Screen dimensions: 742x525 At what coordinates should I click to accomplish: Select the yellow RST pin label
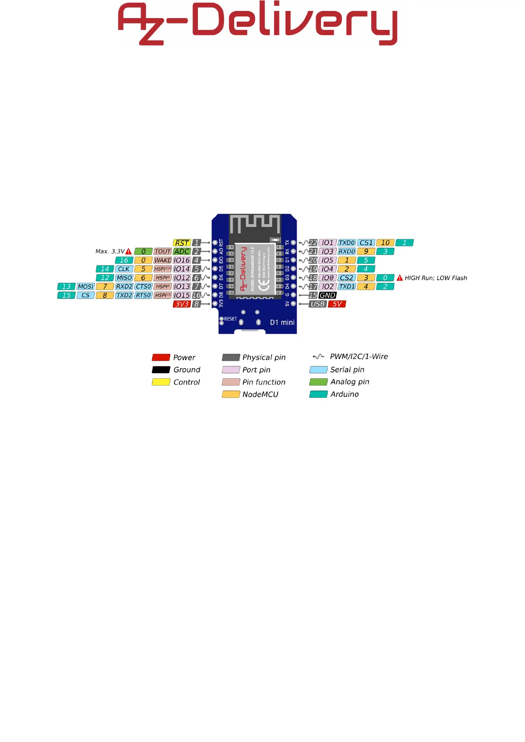click(x=182, y=243)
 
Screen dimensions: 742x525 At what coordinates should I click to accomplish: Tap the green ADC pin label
click(x=182, y=252)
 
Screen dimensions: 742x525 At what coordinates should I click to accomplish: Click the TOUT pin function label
click(x=162, y=252)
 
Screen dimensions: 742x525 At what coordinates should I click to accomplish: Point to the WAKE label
click(x=162, y=261)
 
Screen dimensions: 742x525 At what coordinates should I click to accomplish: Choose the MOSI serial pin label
click(x=86, y=287)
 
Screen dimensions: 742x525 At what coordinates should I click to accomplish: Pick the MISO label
click(x=124, y=278)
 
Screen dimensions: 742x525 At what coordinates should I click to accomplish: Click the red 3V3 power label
click(x=182, y=304)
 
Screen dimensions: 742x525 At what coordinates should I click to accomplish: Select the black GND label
click(x=327, y=295)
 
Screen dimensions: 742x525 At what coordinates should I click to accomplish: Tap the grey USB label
click(x=317, y=304)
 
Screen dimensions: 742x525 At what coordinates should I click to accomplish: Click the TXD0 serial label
click(x=346, y=243)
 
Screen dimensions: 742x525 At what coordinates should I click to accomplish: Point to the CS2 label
click(x=346, y=278)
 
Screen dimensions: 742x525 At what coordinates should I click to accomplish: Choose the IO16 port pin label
click(x=182, y=261)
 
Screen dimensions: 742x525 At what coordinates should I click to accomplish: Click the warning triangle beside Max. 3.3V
click(x=129, y=251)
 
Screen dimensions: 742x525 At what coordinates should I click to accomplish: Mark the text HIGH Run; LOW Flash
click(x=436, y=278)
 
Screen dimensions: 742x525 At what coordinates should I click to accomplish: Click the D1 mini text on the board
click(x=282, y=322)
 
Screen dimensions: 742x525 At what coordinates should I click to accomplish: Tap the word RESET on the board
click(x=231, y=319)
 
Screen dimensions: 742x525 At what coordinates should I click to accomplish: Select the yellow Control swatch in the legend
click(x=161, y=382)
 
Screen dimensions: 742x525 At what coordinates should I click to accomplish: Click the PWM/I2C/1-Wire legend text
click(x=359, y=357)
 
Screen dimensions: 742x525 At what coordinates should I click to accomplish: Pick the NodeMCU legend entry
click(x=260, y=395)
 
